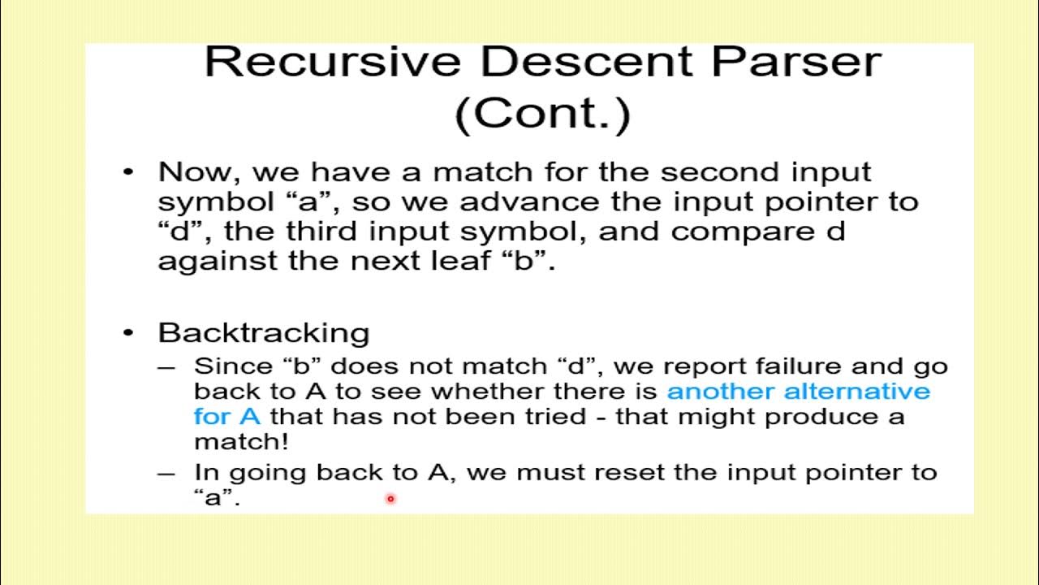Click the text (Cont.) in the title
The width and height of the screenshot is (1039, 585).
[x=542, y=115]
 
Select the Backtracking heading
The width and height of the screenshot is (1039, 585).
[x=264, y=333]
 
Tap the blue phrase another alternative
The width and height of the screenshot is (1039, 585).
[x=798, y=392]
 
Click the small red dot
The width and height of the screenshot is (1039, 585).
[x=390, y=499]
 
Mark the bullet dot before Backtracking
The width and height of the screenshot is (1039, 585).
[x=128, y=333]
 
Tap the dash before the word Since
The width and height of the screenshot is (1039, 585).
[x=166, y=367]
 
